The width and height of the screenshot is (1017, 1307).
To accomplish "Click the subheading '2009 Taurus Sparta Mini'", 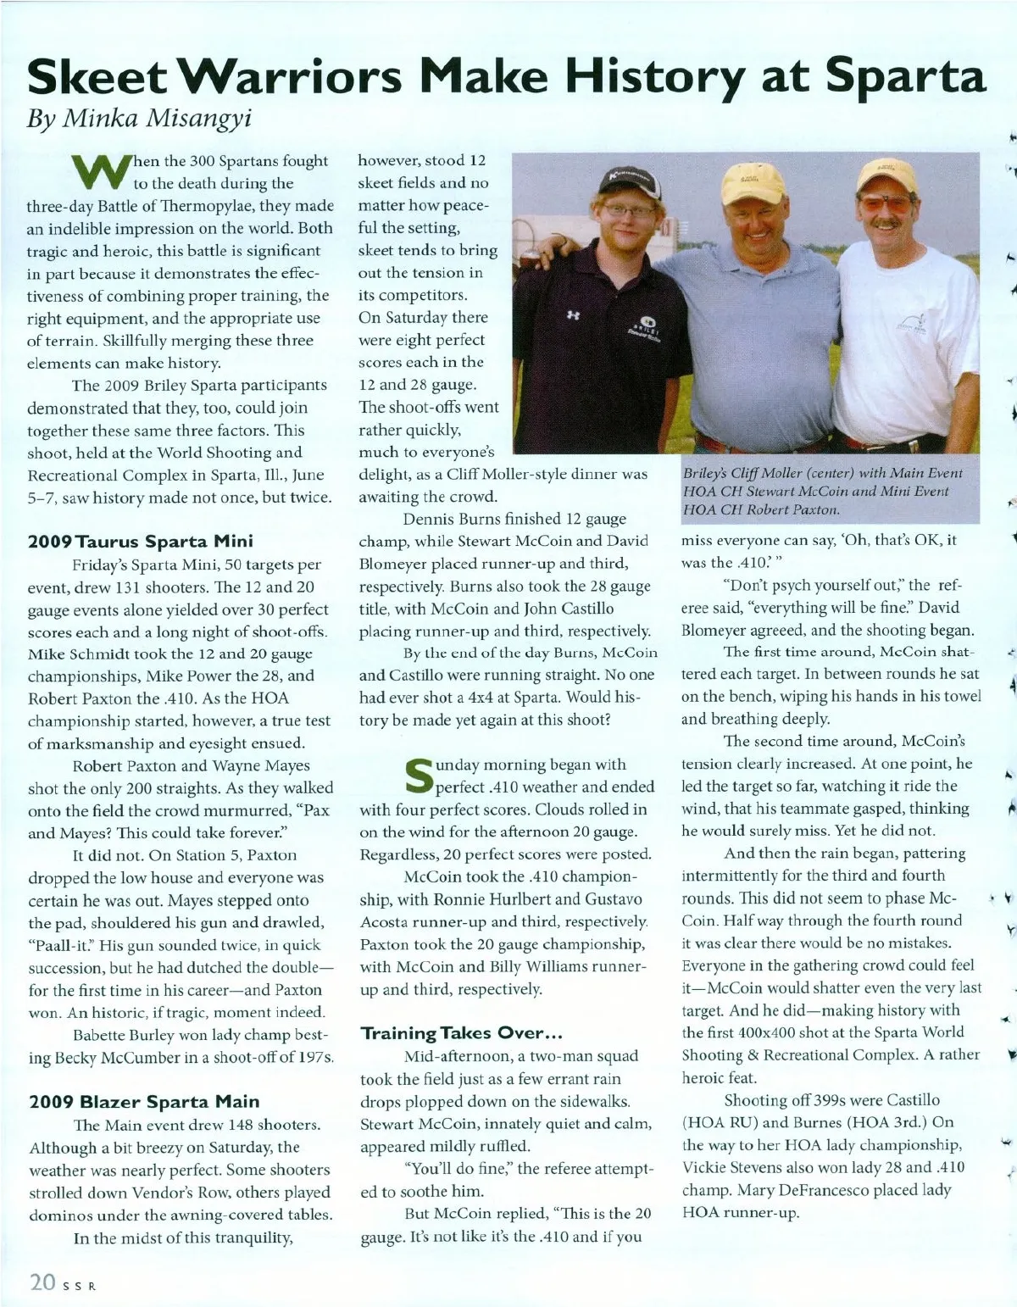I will pos(140,541).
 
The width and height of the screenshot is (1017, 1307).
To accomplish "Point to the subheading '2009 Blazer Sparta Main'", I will pos(144,1102).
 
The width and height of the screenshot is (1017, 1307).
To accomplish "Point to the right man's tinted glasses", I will pos(888,204).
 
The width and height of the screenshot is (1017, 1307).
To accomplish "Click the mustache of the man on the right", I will pos(886,225).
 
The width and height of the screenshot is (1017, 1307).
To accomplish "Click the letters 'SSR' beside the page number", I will pos(81,1285).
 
